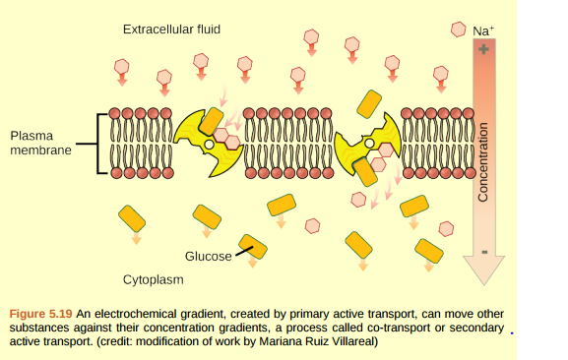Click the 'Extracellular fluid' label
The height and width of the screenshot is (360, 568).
(x=171, y=30)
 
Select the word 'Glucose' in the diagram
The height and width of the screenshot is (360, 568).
(x=209, y=256)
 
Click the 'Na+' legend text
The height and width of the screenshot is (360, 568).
(x=482, y=30)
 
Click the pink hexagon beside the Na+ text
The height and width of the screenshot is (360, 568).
(x=459, y=30)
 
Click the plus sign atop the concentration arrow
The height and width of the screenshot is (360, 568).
(x=483, y=48)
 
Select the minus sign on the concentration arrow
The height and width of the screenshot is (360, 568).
(x=483, y=251)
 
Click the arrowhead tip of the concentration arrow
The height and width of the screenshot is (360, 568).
(x=483, y=278)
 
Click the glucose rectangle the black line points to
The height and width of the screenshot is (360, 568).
(x=253, y=247)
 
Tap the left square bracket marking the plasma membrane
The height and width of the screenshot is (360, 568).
(x=98, y=144)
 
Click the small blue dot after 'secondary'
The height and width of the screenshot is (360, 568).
(x=512, y=331)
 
